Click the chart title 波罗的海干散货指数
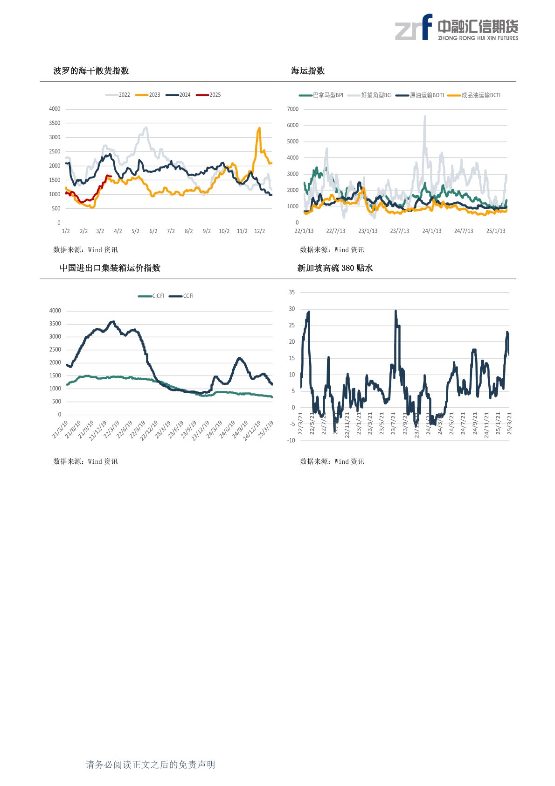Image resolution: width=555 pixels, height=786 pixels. pos(91,71)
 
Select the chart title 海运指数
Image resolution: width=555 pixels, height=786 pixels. pos(308,71)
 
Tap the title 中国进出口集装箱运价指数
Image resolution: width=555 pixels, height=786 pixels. pos(110,268)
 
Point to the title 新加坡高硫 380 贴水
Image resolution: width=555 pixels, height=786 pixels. pos(335,268)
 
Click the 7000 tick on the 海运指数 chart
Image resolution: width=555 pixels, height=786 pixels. pos(293,109)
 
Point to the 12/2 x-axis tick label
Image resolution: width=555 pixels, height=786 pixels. pos(260,231)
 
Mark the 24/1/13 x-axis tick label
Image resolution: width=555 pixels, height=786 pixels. pos(431,231)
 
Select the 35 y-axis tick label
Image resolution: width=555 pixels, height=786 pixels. pos(292,292)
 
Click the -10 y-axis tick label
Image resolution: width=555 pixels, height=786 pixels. pos(291,440)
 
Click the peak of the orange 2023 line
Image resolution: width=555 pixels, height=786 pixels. pos(259,127)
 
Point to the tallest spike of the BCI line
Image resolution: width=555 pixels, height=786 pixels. pos(425,116)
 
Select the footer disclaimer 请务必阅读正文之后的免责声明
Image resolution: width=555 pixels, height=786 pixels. pos(150,765)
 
